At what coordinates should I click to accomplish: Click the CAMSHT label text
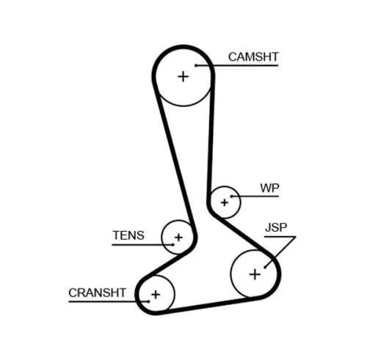(253, 56)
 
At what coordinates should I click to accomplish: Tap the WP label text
(269, 188)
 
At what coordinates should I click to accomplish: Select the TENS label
(128, 236)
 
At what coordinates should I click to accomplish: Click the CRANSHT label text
(98, 292)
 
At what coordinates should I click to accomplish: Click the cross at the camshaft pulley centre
(182, 76)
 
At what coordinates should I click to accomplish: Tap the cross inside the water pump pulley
(224, 201)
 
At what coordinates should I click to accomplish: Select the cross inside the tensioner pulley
(177, 238)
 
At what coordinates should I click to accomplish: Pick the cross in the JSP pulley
(255, 274)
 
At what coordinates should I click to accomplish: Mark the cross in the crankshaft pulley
(155, 295)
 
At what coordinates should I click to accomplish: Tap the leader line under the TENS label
(136, 244)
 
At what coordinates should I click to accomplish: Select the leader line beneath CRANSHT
(103, 301)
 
